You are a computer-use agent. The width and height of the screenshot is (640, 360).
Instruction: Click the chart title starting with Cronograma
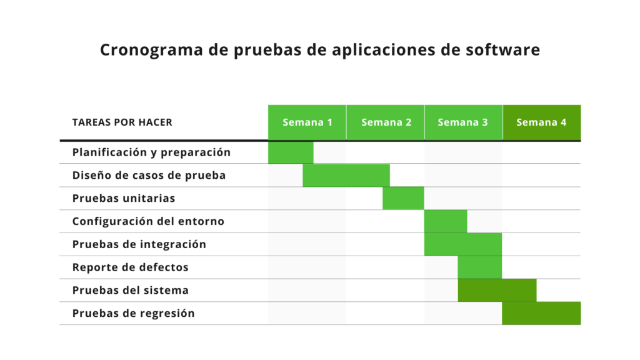pos(319,50)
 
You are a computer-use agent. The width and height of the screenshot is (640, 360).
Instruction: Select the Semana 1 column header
pos(307,122)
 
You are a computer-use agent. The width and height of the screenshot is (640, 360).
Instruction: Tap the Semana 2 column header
pos(386,122)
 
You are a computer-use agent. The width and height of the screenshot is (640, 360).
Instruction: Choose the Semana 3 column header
pos(463,122)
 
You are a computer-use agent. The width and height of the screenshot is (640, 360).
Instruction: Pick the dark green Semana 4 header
pos(541,122)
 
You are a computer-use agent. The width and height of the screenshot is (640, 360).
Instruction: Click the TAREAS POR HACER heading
pos(122,122)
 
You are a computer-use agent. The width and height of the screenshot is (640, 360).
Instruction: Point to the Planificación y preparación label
pos(151,152)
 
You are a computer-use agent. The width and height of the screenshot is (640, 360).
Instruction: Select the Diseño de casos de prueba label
pos(149,176)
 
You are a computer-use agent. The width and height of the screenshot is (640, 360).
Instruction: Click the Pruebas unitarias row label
pos(123,199)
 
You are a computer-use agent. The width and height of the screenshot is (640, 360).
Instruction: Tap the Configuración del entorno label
pos(148,221)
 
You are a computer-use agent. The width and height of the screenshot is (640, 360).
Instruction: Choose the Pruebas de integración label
pos(139,244)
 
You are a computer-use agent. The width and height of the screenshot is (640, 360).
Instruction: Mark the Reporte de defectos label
pos(130,267)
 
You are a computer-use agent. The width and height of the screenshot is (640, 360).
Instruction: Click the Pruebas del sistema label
pos(130,291)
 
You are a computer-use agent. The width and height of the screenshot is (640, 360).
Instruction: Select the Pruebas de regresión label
pos(133,314)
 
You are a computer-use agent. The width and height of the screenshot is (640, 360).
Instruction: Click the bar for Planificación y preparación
pos(291,152)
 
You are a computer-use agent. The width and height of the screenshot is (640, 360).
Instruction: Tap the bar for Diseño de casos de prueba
pos(346,176)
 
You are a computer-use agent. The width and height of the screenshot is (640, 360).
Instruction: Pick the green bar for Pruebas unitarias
pos(403,199)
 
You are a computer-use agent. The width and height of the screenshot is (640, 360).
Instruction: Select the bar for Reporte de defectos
pos(479,267)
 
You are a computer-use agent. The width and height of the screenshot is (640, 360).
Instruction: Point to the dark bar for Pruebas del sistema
pos(497,291)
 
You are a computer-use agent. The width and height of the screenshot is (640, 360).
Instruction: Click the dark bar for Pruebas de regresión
pos(541,314)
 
